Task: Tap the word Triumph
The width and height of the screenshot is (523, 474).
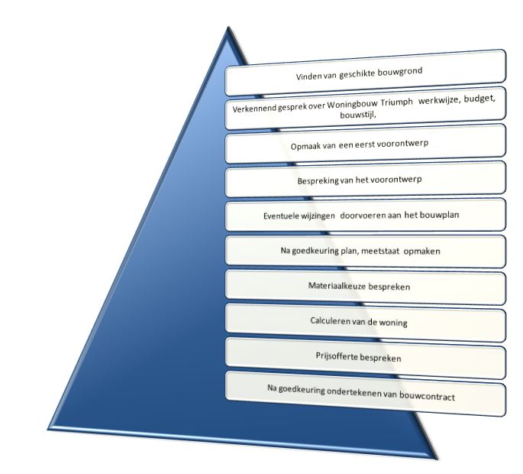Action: (x=396, y=103)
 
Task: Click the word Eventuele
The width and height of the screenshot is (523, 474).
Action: (x=280, y=216)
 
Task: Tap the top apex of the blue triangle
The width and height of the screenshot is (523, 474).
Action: (x=228, y=28)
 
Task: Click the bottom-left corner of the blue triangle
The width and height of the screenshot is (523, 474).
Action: (x=48, y=429)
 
